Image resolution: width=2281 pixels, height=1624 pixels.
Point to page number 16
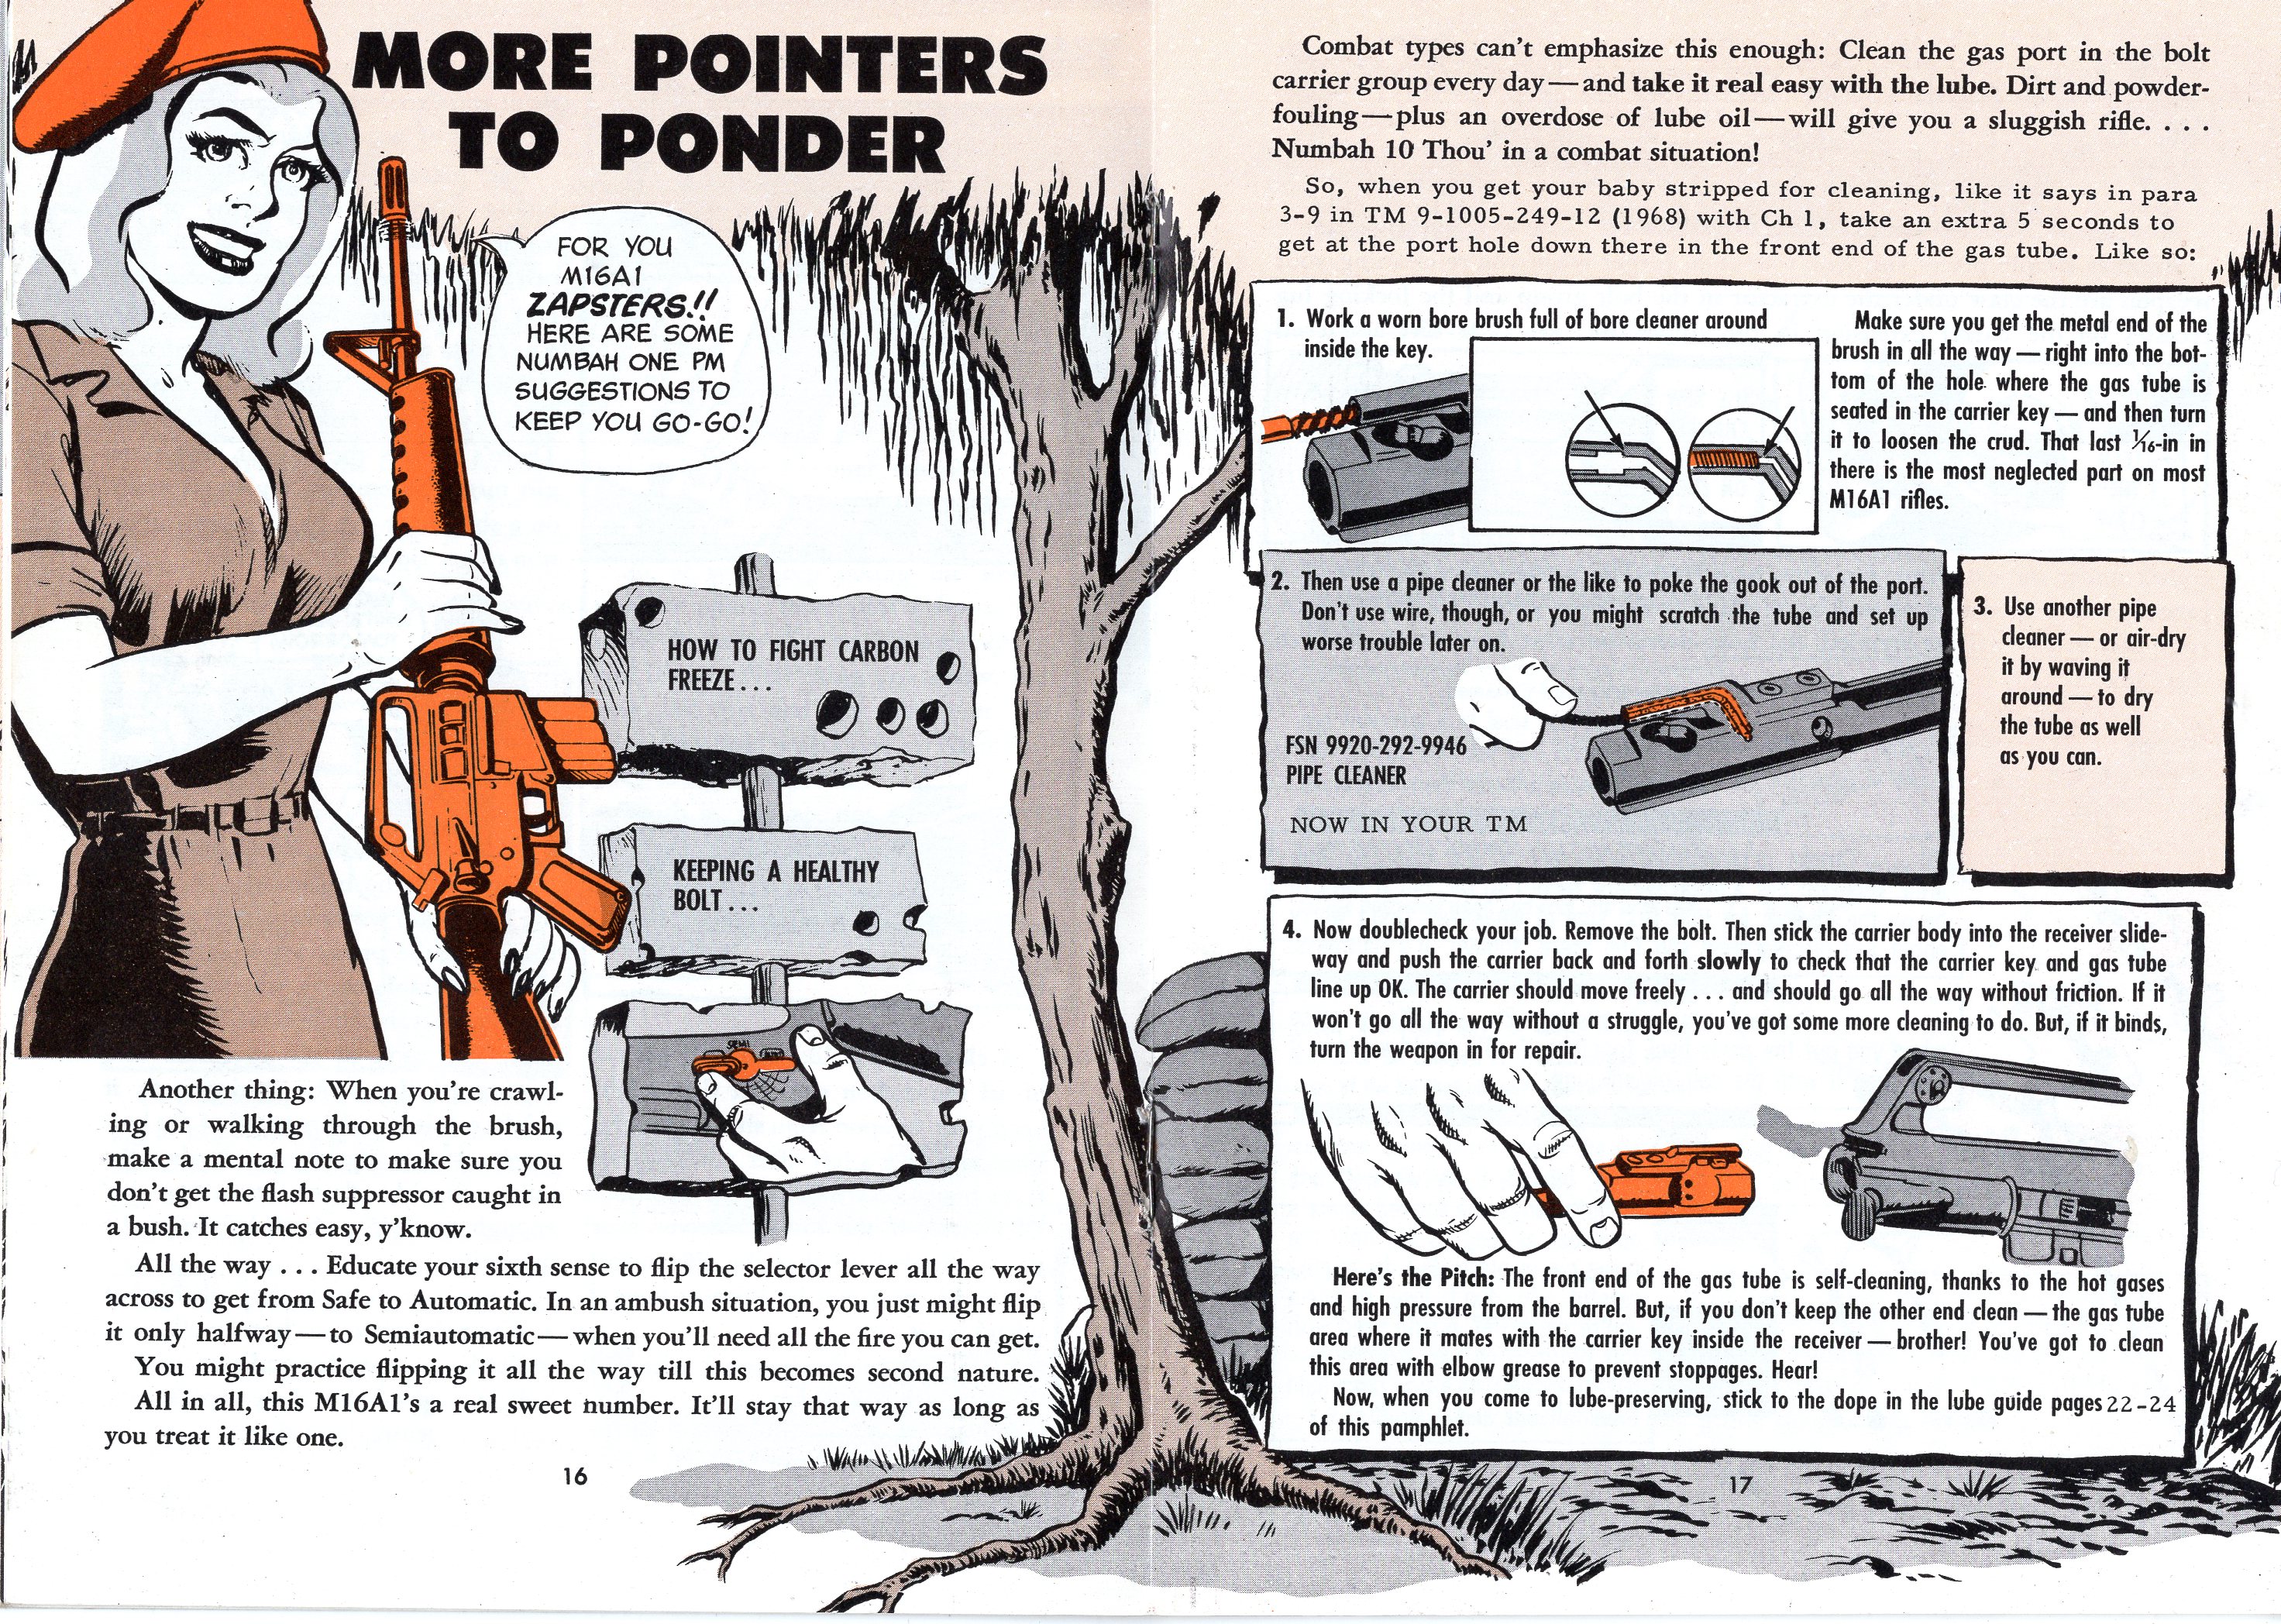pos(574,1475)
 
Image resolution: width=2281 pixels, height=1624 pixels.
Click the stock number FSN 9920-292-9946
pos(1375,746)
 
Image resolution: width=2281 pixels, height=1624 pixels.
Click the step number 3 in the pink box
pos(1983,607)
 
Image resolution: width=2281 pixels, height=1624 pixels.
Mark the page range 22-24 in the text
pos(2141,1403)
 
